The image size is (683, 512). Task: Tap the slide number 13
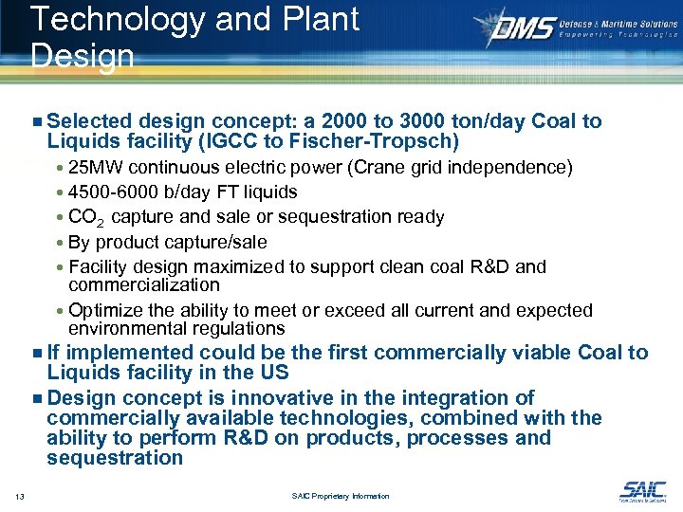pyautogui.click(x=19, y=496)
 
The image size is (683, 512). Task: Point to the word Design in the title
pyautogui.click(x=83, y=56)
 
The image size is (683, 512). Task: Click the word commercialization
pyautogui.click(x=144, y=284)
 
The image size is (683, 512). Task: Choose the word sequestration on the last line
pyautogui.click(x=115, y=458)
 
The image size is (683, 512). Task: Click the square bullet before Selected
pyautogui.click(x=36, y=122)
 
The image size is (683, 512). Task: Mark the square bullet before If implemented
pyautogui.click(x=36, y=354)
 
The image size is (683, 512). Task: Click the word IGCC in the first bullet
pyautogui.click(x=213, y=142)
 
